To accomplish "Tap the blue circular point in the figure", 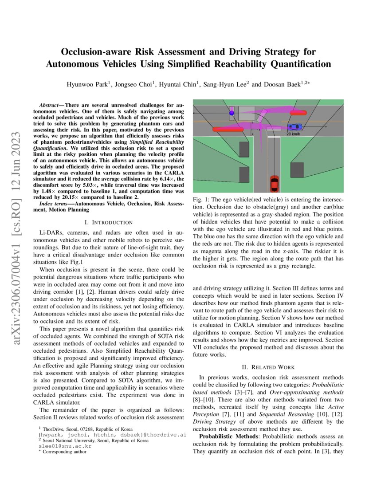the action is tap(232, 113).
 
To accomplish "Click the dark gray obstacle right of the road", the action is tap(296, 171).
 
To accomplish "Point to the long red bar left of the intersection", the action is tap(228, 130).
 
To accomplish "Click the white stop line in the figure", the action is tap(274, 138).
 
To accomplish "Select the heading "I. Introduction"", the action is tap(109, 222).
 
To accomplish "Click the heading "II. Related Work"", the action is tap(268, 367).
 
